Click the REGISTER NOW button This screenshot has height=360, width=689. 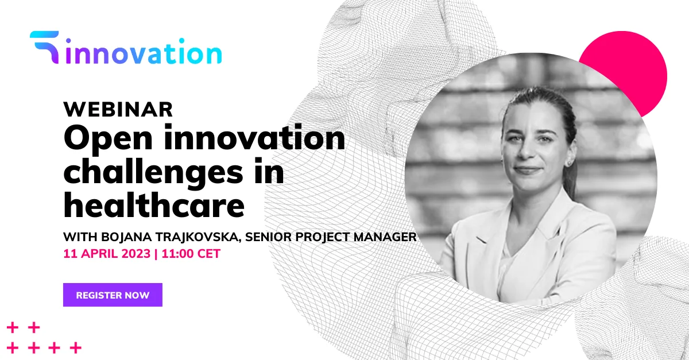pos(113,295)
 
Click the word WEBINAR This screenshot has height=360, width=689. pos(118,109)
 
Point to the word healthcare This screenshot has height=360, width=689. pos(154,204)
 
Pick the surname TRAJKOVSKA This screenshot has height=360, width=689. pos(198,237)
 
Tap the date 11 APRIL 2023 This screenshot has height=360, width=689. pos(107,254)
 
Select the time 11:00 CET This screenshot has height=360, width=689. pos(191,254)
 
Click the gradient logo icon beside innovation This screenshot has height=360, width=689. pos(45,47)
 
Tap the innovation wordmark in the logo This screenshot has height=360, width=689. pos(144,51)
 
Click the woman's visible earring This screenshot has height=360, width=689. pos(570,162)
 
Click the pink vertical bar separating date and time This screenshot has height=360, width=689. pos(156,254)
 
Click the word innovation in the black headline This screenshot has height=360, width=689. pos(254,138)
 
